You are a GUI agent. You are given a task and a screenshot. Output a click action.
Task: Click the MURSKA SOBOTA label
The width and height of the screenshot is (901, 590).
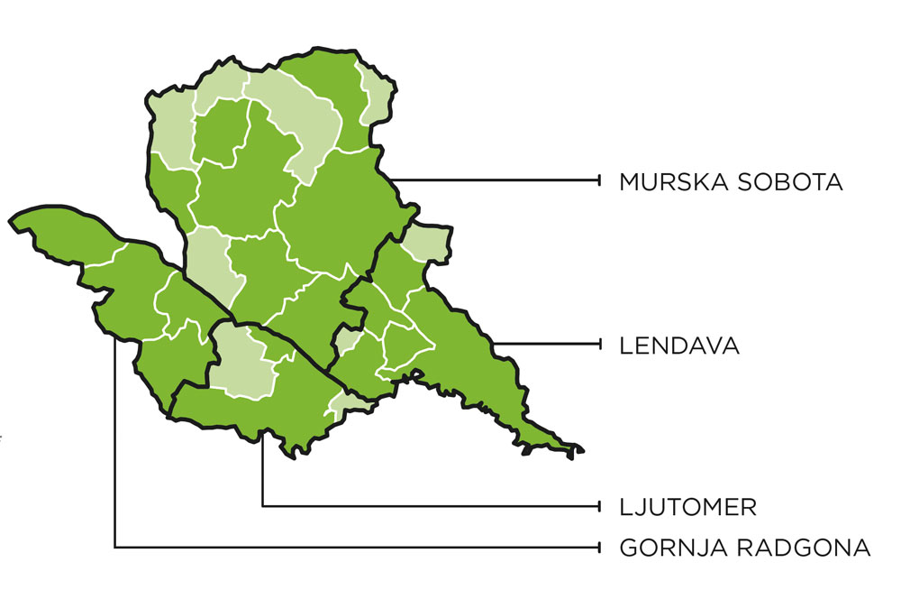tap(731, 182)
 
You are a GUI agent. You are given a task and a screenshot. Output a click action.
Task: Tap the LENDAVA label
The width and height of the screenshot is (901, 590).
tap(679, 346)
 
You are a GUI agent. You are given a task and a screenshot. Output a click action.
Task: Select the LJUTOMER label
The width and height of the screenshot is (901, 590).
tap(687, 507)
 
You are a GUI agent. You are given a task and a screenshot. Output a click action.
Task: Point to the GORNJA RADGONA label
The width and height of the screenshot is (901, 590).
tap(745, 548)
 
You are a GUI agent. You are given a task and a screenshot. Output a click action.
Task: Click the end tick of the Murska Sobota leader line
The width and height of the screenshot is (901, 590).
tap(600, 181)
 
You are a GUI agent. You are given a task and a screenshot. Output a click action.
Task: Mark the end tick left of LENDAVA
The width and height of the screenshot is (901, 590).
tap(600, 344)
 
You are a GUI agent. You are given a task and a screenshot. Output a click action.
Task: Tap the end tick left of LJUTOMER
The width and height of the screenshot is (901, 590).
tap(600, 505)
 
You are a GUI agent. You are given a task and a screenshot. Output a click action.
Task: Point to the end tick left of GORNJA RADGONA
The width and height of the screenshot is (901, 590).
tap(600, 547)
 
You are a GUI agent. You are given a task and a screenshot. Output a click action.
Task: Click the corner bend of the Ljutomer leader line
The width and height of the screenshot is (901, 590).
tap(262, 505)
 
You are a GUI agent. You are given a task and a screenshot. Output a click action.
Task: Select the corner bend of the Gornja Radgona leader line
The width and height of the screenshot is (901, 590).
tap(115, 547)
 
